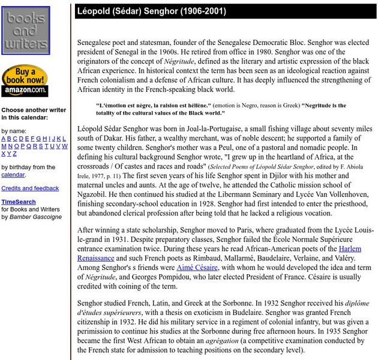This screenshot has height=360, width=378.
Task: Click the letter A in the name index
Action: [x=4, y=138]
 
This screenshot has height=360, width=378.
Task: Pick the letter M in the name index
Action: [x=4, y=146]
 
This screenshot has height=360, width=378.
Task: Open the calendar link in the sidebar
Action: [x=13, y=175]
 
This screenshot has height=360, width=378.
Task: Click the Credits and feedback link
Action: [x=30, y=188]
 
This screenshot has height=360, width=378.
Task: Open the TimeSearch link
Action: [x=18, y=202]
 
